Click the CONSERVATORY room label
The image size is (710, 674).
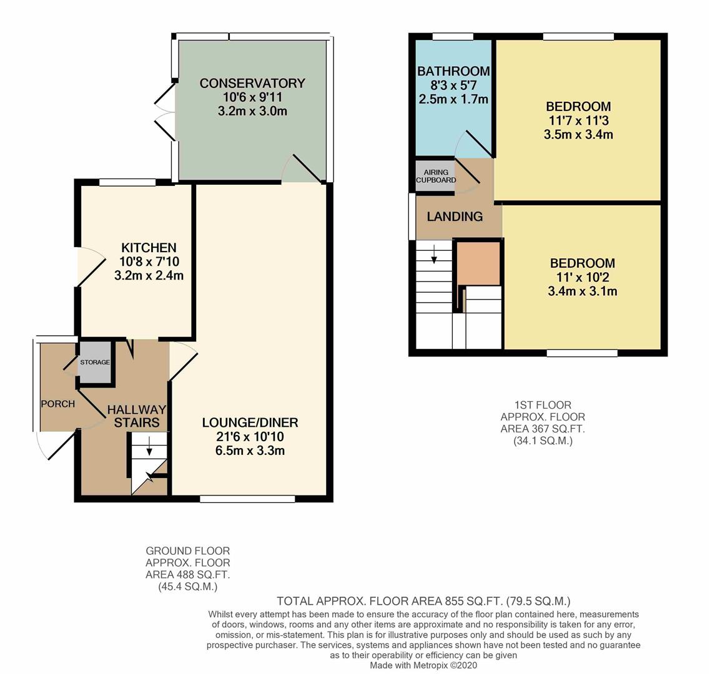252,83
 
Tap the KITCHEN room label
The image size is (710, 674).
149,248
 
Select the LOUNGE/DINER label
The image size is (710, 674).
250,422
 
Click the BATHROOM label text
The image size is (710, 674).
453,71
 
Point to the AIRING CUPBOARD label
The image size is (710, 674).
436,176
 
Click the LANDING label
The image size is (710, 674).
455,217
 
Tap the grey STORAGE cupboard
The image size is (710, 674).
94,362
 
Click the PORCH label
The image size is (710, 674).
57,404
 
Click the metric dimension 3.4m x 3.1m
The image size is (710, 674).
582,291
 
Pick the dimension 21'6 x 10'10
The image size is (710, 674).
250,437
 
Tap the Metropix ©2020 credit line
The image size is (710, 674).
423,665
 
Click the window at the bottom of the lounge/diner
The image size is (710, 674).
247,499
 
